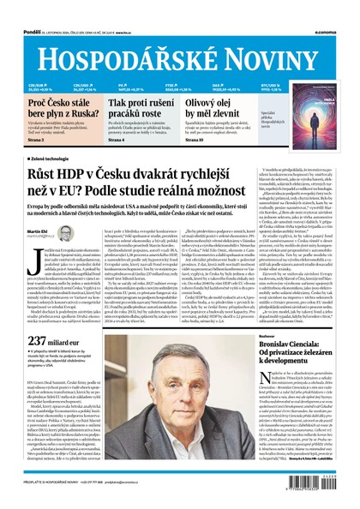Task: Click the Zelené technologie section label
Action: point(60,159)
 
